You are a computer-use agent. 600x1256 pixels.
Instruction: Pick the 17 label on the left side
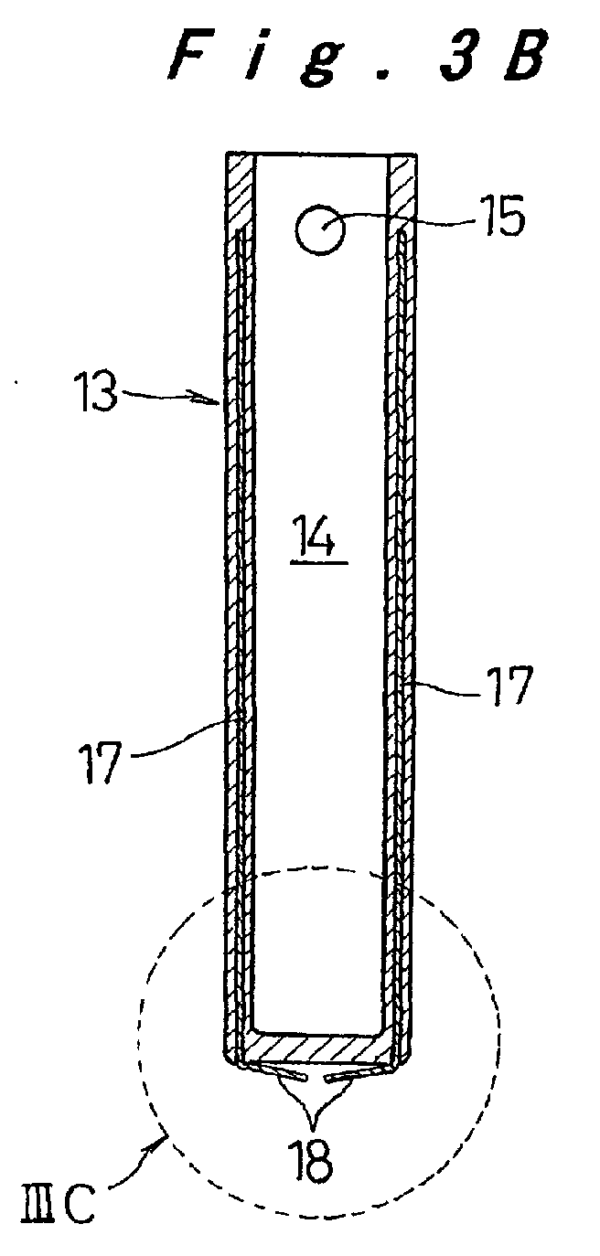[x=101, y=762]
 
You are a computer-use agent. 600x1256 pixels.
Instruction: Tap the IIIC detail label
[x=58, y=1218]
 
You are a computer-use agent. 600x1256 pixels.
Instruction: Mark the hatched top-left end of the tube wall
[x=241, y=191]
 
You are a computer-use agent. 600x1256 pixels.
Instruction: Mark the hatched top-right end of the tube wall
[x=402, y=191]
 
